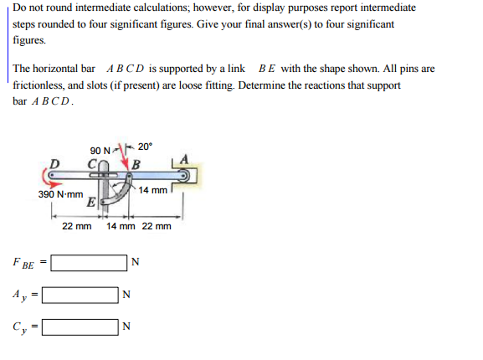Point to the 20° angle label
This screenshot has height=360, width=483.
(145, 147)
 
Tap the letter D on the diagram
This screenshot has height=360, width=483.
(55, 164)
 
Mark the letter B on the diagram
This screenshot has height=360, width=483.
(136, 165)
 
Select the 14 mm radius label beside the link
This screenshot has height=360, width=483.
(153, 190)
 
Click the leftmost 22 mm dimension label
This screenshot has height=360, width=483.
(77, 226)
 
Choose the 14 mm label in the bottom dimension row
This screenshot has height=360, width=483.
(120, 226)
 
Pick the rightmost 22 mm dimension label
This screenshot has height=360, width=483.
(157, 226)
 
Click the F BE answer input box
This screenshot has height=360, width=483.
(89, 263)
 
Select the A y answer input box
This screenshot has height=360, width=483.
(80, 295)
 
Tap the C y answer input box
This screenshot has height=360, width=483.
(80, 327)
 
